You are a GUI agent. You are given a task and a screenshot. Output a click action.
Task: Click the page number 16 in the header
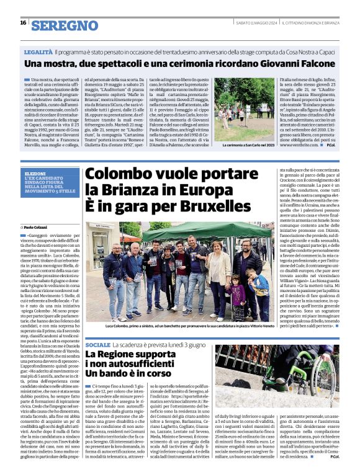pyautogui.click(x=23, y=23)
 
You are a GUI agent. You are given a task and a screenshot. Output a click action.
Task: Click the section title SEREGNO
pyautogui.click(x=64, y=25)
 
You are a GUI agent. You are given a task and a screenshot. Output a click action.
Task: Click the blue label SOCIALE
pyautogui.click(x=98, y=344)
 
